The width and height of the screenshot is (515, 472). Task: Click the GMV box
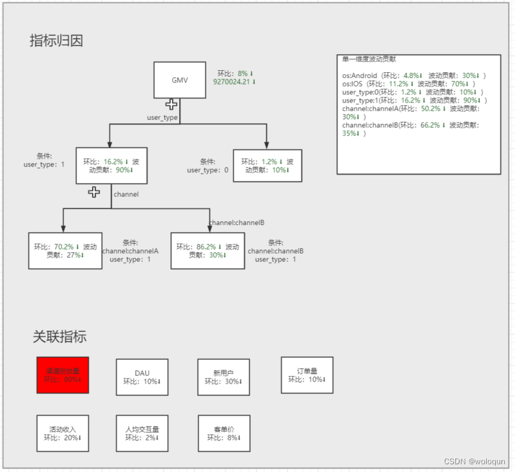[x=179, y=81]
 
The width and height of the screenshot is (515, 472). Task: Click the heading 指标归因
[x=56, y=41]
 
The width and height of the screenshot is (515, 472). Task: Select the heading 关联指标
[x=59, y=337]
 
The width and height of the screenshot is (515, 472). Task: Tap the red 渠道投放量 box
[x=63, y=375]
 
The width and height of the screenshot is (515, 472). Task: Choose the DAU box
[x=142, y=377]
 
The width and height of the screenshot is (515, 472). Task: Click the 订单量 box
[x=307, y=375]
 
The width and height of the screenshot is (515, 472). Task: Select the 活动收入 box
[x=63, y=433]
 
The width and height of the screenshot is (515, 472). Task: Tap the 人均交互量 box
[x=142, y=433]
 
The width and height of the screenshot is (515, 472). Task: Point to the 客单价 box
[x=224, y=433]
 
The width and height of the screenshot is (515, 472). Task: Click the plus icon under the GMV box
[x=171, y=104]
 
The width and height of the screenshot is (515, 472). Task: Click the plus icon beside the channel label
[x=94, y=192]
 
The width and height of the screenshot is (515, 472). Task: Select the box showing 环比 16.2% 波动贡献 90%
[x=112, y=166]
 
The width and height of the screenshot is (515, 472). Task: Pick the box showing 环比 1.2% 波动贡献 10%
[x=267, y=166]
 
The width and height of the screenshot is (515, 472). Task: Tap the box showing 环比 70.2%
[x=65, y=250]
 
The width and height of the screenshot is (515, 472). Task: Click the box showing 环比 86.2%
[x=208, y=250]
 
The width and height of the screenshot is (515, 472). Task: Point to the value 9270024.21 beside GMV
[x=234, y=82]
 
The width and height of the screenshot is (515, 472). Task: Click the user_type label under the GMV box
[x=162, y=117]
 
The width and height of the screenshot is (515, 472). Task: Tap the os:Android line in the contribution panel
[x=413, y=75]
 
